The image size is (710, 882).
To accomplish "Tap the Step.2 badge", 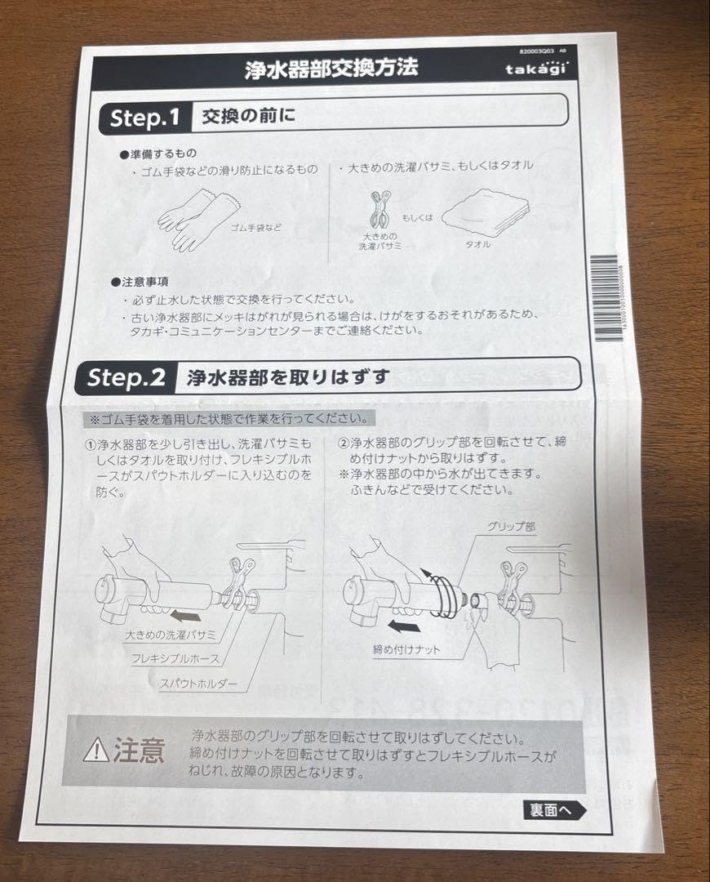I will pyautogui.click(x=126, y=377).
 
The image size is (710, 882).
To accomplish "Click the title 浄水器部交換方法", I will pyautogui.click(x=331, y=68).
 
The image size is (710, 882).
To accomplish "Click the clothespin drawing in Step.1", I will pyautogui.click(x=376, y=212).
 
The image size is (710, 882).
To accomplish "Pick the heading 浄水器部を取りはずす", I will pyautogui.click(x=287, y=376).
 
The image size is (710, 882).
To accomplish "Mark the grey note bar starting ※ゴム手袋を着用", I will pyautogui.click(x=229, y=419).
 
